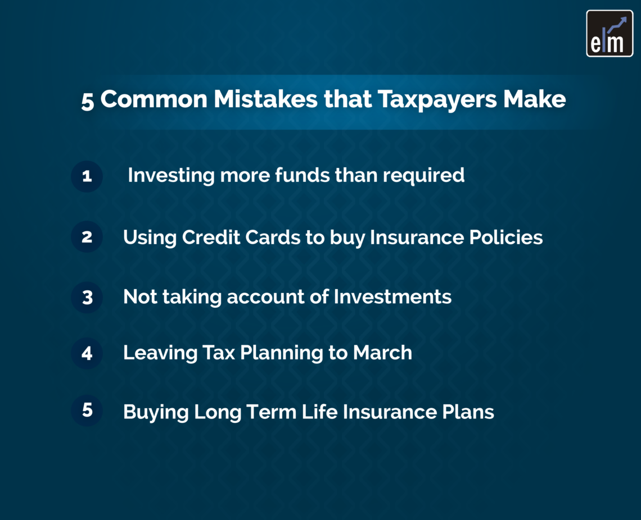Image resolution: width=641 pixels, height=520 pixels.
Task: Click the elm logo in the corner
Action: tap(610, 34)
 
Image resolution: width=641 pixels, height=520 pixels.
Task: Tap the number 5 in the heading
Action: tap(87, 101)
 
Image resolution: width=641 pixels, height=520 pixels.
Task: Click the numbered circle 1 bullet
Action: tap(87, 176)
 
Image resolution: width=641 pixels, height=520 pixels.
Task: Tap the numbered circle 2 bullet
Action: tap(87, 237)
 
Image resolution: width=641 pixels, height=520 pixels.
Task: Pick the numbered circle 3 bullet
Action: tap(87, 297)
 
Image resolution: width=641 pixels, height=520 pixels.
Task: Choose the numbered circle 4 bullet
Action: tap(87, 353)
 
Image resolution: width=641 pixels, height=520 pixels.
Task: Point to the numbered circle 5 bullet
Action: tap(87, 410)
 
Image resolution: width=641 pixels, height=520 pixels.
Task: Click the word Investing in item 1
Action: tap(171, 175)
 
